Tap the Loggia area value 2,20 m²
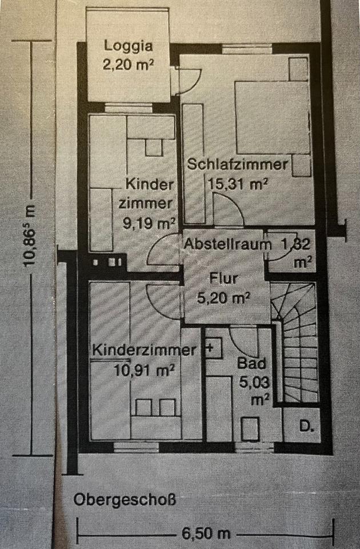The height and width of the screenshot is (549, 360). tap(129, 63)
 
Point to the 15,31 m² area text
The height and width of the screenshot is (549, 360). tap(236, 184)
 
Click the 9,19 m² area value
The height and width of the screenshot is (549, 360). tap(149, 222)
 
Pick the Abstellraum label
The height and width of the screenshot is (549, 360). tap(227, 245)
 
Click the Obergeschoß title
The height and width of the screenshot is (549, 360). tap(124, 500)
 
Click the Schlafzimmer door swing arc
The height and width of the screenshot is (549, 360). tap(228, 208)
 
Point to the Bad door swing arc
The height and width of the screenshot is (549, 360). tap(246, 341)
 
